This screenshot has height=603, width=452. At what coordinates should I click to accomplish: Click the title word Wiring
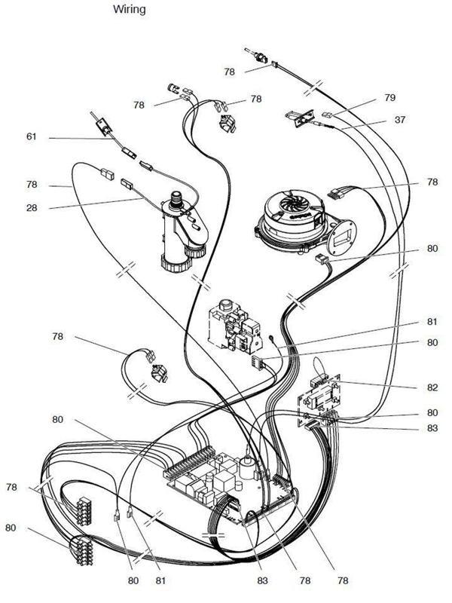130,10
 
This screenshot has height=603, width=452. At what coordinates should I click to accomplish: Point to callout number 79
389,97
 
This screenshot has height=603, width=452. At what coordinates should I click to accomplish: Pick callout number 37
400,121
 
